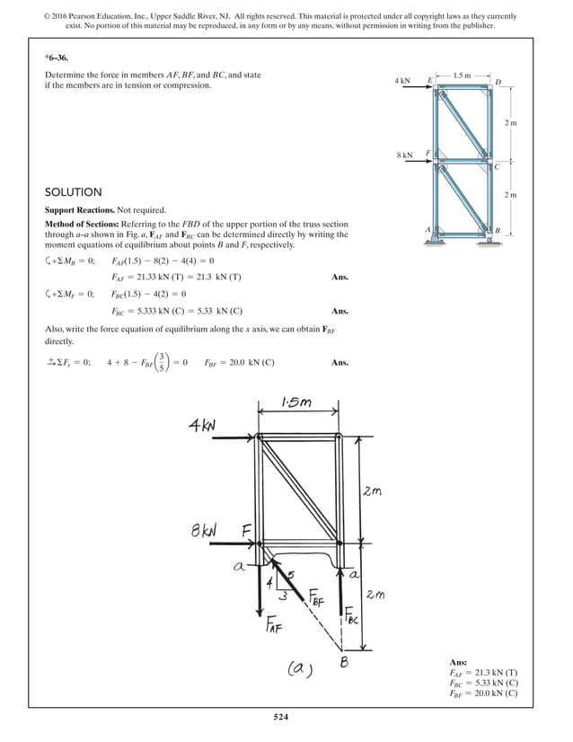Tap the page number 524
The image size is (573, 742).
click(x=286, y=716)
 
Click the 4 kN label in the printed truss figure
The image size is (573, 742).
click(x=403, y=82)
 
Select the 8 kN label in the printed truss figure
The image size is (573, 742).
click(x=404, y=155)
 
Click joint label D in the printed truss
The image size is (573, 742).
click(x=498, y=82)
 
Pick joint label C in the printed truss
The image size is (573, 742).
click(x=497, y=167)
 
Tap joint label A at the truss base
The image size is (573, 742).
click(x=429, y=230)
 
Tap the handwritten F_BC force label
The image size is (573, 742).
click(x=351, y=617)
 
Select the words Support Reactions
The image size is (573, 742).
click(x=84, y=209)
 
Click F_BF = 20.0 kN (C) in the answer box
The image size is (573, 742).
click(x=482, y=693)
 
